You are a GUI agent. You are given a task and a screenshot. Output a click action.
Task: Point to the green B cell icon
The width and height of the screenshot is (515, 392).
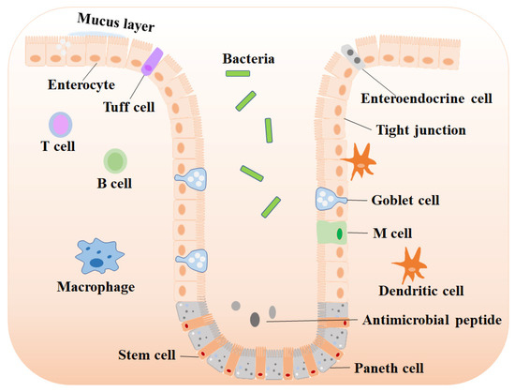click(x=115, y=160)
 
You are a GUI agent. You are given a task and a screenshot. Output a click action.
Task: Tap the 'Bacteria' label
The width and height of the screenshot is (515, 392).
click(x=248, y=59)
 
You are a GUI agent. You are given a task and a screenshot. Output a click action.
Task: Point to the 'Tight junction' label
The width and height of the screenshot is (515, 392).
click(x=420, y=129)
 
